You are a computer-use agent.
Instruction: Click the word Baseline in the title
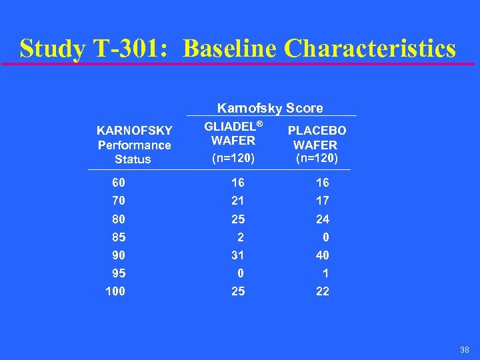(x=229, y=49)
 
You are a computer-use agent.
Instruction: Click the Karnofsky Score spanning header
(x=270, y=108)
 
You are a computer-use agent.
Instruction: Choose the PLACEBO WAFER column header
(x=317, y=145)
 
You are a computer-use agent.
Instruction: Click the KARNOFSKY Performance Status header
(x=133, y=145)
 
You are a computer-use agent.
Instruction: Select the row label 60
(x=119, y=183)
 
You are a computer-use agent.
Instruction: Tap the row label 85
(x=119, y=237)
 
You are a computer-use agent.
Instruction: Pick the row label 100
(x=115, y=291)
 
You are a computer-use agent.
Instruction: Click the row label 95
(x=119, y=273)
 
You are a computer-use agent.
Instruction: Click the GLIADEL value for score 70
(x=238, y=201)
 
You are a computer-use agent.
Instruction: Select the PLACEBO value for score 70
(x=323, y=201)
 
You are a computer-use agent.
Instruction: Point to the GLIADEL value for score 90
(x=238, y=255)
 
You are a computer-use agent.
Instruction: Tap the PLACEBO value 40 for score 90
(x=323, y=255)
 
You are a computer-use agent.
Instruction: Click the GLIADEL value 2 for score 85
(x=241, y=237)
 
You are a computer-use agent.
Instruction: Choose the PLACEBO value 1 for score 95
(x=325, y=273)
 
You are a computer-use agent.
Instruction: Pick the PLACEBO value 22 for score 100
(x=323, y=291)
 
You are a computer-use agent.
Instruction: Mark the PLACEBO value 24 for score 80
(x=323, y=219)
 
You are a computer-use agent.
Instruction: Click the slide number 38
(x=465, y=349)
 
